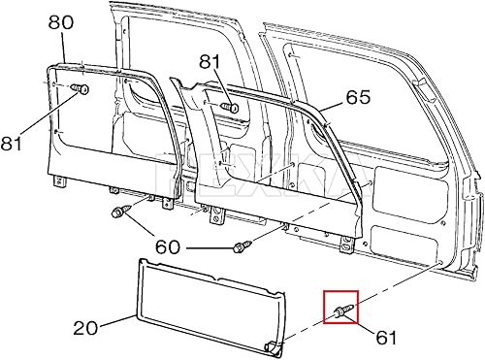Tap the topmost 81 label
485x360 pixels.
[x=211, y=62]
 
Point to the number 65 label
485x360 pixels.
[x=358, y=98]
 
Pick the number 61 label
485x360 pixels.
[x=386, y=337]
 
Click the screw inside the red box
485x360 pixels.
[x=342, y=310]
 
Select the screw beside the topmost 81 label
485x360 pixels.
[x=228, y=104]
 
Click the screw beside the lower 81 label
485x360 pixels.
[x=78, y=90]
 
